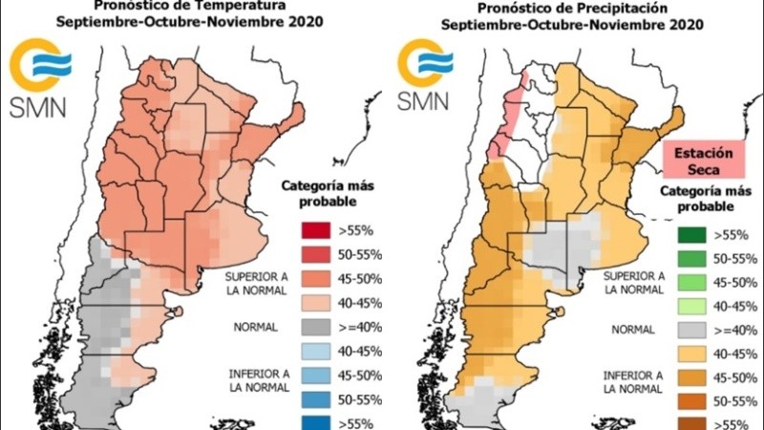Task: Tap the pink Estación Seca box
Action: click(x=704, y=161)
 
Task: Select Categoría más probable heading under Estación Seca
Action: click(x=704, y=198)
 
